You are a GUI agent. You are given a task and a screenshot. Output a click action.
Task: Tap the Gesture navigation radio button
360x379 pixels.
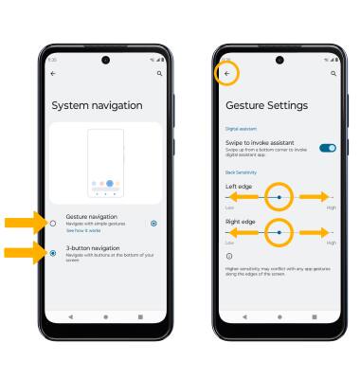pyautogui.click(x=53, y=223)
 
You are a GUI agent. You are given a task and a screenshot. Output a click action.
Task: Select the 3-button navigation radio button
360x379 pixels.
pyautogui.click(x=53, y=253)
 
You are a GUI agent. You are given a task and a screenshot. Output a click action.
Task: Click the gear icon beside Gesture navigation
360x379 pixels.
pyautogui.click(x=153, y=223)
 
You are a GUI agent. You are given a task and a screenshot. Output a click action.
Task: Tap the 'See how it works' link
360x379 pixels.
pyautogui.click(x=81, y=231)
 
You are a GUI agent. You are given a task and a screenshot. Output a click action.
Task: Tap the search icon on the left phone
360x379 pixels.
pyautogui.click(x=158, y=72)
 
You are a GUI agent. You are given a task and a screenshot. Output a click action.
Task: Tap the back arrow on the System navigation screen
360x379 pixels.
pyautogui.click(x=53, y=72)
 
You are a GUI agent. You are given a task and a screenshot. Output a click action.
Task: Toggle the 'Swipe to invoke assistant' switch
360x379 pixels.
pyautogui.click(x=327, y=148)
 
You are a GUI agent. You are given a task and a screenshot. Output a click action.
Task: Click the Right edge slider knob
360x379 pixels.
pyautogui.click(x=279, y=231)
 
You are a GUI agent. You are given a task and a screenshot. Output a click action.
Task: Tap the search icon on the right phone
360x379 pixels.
pyautogui.click(x=333, y=72)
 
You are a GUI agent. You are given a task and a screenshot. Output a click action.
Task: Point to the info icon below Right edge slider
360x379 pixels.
pyautogui.click(x=228, y=255)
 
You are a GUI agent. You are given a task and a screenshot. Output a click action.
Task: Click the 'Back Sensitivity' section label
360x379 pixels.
pyautogui.click(x=241, y=172)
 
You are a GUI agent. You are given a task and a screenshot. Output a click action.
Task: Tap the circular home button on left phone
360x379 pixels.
pyautogui.click(x=105, y=316)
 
